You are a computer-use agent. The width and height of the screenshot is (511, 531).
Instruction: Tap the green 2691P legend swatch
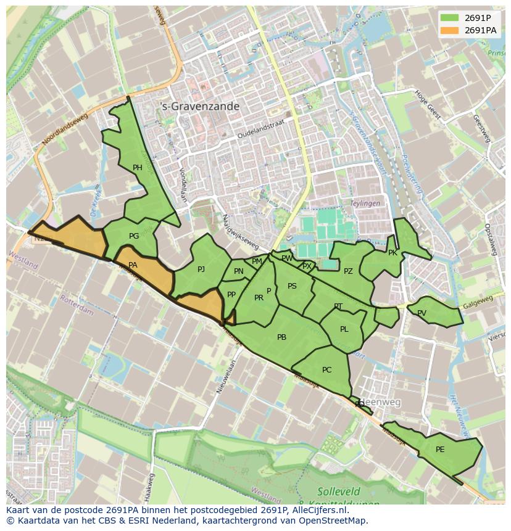pos(449,17)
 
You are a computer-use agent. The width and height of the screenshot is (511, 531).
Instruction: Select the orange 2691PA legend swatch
pos(449,30)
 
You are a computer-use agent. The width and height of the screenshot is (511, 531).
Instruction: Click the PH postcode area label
pos(137,168)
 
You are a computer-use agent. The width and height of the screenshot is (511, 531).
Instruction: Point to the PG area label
pos(134,236)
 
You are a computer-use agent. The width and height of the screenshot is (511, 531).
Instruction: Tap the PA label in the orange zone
pos(133,265)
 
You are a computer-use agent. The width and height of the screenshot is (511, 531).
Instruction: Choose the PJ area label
pos(201,270)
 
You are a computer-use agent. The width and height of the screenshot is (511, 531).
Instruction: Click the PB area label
pos(281,337)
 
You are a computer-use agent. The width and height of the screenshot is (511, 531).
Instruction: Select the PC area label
pos(326,370)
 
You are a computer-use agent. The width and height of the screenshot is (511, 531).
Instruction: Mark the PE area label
pos(440,450)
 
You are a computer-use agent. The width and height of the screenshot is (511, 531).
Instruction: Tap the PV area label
pos(422,313)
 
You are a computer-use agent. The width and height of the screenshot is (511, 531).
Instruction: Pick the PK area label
pos(393,253)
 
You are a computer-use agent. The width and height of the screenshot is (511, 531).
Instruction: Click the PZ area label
pos(348,271)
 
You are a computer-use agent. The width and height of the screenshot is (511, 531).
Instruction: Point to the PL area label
pos(344,329)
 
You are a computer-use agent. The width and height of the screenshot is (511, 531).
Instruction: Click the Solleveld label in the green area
pos(338,492)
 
